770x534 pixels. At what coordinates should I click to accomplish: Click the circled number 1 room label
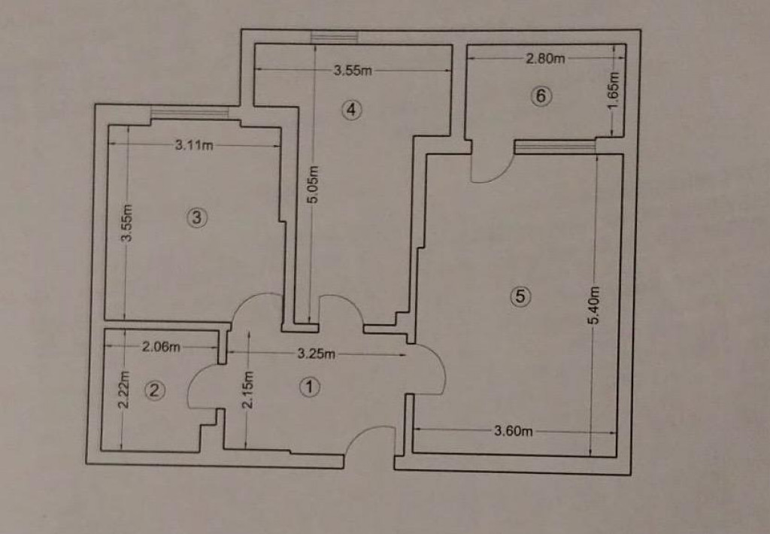pos(309,387)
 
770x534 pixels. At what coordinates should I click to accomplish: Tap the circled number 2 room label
pos(155,390)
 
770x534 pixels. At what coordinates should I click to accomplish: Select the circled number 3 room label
pos(197,217)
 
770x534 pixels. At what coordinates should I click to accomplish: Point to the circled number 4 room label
pos(352,110)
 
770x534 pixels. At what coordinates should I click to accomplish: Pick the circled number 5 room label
pos(520,296)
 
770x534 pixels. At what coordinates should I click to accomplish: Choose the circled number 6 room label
pos(541,96)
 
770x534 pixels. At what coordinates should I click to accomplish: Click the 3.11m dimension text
pos(195,145)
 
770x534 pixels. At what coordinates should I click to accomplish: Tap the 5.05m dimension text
pos(314,184)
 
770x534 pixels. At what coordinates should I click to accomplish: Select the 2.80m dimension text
pos(545,59)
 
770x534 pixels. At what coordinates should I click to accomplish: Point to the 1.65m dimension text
pos(614,92)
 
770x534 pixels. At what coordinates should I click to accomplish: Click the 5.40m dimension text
pos(594,305)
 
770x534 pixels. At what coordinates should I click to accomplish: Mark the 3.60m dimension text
pos(513,431)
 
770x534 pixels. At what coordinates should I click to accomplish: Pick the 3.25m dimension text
pos(317,353)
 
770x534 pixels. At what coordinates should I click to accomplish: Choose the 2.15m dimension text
pos(248,390)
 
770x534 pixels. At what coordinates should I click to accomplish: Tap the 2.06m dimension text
pos(161,347)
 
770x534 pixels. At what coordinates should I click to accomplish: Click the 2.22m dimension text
pos(124,390)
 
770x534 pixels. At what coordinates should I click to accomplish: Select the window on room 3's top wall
pos(189,113)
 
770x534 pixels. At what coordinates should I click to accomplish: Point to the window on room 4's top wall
pos(334,38)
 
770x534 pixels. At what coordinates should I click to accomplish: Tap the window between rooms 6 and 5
pos(555,147)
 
